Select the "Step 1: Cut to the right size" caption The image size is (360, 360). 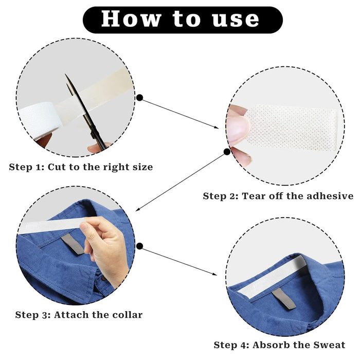[x=81, y=167]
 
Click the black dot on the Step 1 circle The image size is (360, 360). [x=139, y=97]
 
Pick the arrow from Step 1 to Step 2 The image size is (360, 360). [x=180, y=114]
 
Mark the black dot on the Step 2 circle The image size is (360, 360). [x=226, y=152]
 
